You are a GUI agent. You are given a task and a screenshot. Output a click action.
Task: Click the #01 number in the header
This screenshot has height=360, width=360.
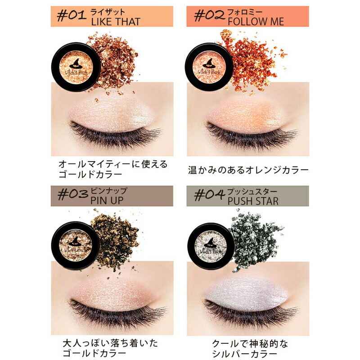[72, 16]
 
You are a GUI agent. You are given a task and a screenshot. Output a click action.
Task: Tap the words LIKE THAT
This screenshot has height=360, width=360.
[116, 22]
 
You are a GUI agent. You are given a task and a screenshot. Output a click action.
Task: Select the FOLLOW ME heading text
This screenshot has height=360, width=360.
[256, 22]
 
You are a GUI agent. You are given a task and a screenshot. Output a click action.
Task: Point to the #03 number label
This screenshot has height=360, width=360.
[73, 195]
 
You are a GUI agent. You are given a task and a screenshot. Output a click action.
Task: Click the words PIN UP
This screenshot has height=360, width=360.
[107, 200]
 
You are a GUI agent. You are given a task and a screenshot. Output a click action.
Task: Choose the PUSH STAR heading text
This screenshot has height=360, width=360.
[253, 201]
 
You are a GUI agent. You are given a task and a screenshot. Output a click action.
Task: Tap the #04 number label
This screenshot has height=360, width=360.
[209, 195]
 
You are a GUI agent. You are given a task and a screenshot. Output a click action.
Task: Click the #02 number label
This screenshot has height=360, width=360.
[209, 16]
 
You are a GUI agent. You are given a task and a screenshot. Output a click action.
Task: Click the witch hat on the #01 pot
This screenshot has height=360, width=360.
[76, 63]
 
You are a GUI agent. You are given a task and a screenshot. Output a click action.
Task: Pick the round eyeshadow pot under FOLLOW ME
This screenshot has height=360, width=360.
[209, 67]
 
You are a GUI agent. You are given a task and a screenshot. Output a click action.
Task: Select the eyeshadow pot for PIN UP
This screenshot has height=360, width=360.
[76, 245]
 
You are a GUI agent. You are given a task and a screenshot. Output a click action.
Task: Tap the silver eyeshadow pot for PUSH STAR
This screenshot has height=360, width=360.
[211, 246]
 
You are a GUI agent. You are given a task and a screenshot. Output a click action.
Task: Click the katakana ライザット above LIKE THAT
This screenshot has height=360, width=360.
[108, 12]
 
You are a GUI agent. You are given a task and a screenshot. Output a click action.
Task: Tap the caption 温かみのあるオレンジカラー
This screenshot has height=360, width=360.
[248, 170]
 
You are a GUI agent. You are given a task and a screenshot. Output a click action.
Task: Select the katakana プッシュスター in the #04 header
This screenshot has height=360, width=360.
[252, 192]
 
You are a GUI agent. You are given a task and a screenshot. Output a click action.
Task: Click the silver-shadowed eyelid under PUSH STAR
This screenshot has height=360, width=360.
[247, 294]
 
